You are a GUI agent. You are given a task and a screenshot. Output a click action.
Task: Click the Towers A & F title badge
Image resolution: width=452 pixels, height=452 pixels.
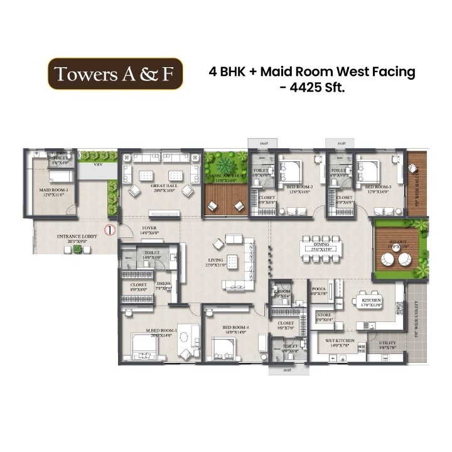[116, 74]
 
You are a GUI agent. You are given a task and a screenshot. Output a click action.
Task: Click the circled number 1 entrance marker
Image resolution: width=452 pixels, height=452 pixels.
[109, 230]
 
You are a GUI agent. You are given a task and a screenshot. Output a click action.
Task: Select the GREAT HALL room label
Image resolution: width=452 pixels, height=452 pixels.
[161, 186]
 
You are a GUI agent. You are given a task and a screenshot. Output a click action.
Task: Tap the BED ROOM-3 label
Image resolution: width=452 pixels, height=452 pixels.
[379, 187]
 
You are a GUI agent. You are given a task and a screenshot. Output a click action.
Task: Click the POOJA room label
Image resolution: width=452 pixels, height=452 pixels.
[318, 289]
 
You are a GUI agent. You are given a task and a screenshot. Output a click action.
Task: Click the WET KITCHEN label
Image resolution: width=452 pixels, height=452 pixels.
[340, 342]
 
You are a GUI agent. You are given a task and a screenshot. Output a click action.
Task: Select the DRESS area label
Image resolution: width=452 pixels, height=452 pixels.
[163, 284]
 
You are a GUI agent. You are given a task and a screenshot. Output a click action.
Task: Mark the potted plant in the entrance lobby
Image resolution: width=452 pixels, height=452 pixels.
[77, 249]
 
